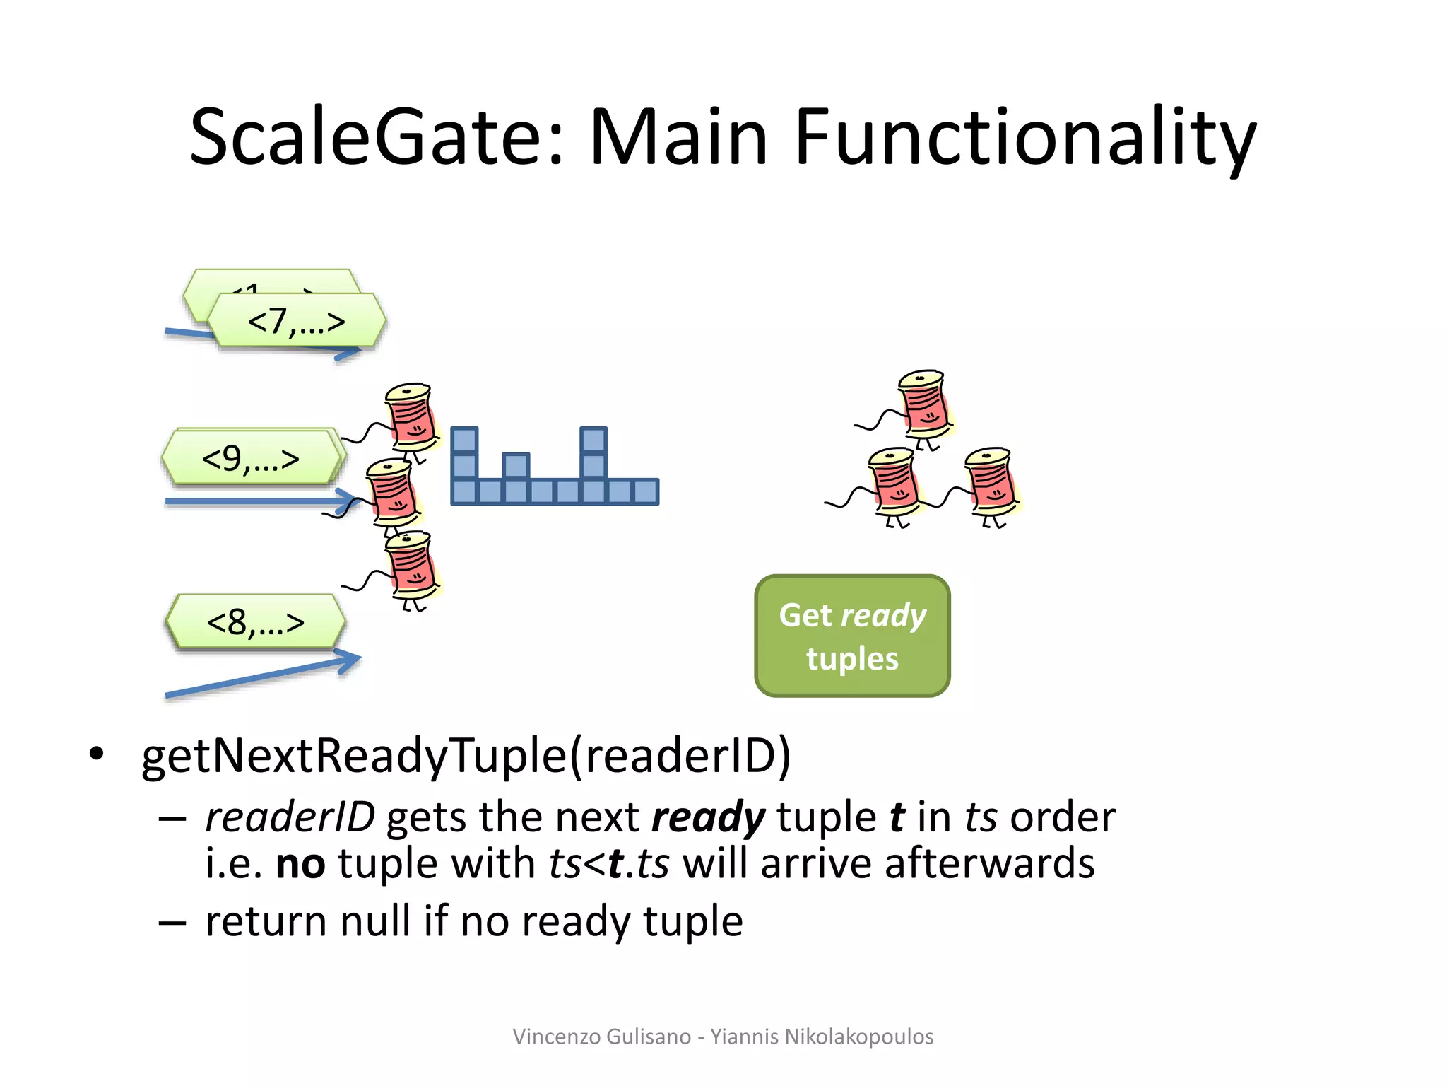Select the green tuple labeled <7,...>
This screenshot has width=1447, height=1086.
(x=297, y=322)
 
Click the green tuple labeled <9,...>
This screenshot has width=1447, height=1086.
(x=250, y=459)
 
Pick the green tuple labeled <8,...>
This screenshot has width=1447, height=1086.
(x=255, y=622)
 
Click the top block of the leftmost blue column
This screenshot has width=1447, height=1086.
(x=464, y=440)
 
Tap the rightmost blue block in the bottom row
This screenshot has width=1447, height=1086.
(x=646, y=491)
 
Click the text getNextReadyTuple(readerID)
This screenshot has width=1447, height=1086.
(x=466, y=756)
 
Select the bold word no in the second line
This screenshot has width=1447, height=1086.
(x=300, y=864)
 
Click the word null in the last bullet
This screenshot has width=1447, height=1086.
(x=374, y=922)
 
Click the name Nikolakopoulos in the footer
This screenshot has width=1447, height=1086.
(x=858, y=1037)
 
